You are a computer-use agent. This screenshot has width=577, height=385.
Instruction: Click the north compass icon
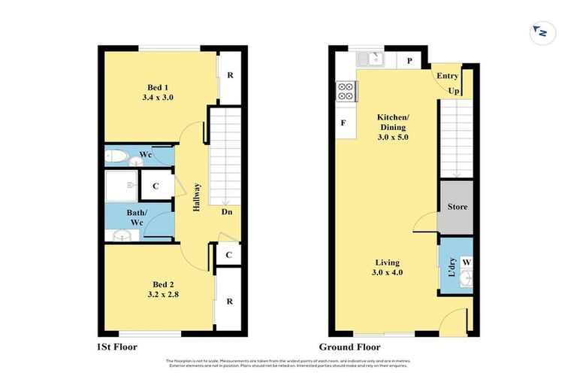pyautogui.click(x=539, y=32)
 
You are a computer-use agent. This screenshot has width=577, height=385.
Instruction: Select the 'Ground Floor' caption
pyautogui.click(x=349, y=347)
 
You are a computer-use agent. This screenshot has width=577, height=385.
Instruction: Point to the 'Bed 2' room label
pyautogui.click(x=163, y=289)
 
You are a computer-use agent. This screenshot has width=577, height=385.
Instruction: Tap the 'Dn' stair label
pyautogui.click(x=226, y=212)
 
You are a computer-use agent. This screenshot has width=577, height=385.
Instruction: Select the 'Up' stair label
pyautogui.click(x=454, y=91)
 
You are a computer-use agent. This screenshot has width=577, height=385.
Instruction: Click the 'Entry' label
pyautogui.click(x=448, y=76)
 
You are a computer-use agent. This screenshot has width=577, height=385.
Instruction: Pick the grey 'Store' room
pyautogui.click(x=457, y=207)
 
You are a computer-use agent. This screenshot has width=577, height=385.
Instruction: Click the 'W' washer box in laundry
pyautogui.click(x=466, y=262)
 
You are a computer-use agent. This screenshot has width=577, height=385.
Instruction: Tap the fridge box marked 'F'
pyautogui.click(x=343, y=123)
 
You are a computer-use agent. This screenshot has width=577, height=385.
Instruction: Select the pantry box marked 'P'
pyautogui.click(x=409, y=61)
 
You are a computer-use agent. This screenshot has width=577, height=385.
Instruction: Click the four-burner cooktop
pyautogui.click(x=345, y=91)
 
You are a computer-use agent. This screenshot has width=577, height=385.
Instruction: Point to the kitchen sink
pyautogui.click(x=371, y=59)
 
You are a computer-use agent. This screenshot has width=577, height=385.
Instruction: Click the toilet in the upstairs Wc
pyautogui.click(x=118, y=156)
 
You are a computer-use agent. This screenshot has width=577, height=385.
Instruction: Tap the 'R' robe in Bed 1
pyautogui.click(x=229, y=76)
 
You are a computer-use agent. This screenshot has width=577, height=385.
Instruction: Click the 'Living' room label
pyautogui.click(x=389, y=267)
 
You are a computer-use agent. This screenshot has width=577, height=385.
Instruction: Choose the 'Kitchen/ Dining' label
pyautogui.click(x=394, y=128)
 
